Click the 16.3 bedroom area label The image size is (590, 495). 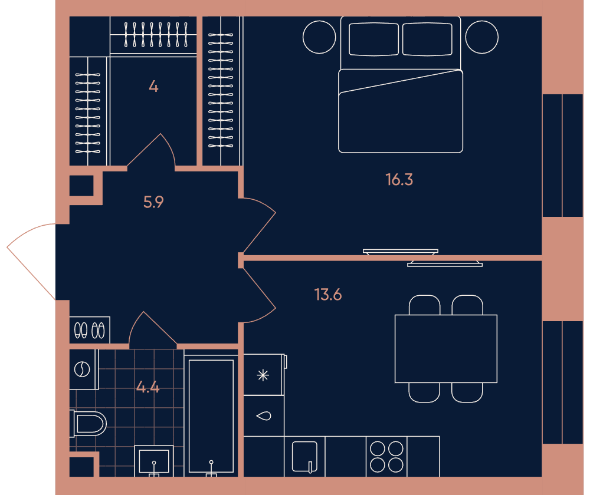point(399,180)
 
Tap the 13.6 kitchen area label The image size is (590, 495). point(328,295)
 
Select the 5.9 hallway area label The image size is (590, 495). point(153,202)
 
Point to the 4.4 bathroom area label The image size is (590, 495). point(148,387)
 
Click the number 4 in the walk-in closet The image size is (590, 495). point(153,87)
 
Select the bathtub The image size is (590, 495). point(211,415)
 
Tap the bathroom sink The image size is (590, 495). point(154,461)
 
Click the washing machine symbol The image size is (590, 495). point(82,369)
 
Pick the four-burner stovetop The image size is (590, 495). point(386,456)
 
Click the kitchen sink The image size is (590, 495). point(305,456)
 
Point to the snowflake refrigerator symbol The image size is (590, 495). point(263,375)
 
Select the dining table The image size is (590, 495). point(446,349)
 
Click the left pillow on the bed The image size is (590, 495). point(373,39)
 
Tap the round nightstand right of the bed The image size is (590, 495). point(481,37)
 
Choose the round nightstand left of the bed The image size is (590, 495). point(319,37)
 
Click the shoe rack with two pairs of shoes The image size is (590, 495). point(90,330)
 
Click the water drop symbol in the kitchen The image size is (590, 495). point(263,416)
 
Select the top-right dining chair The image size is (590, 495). point(467,305)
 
